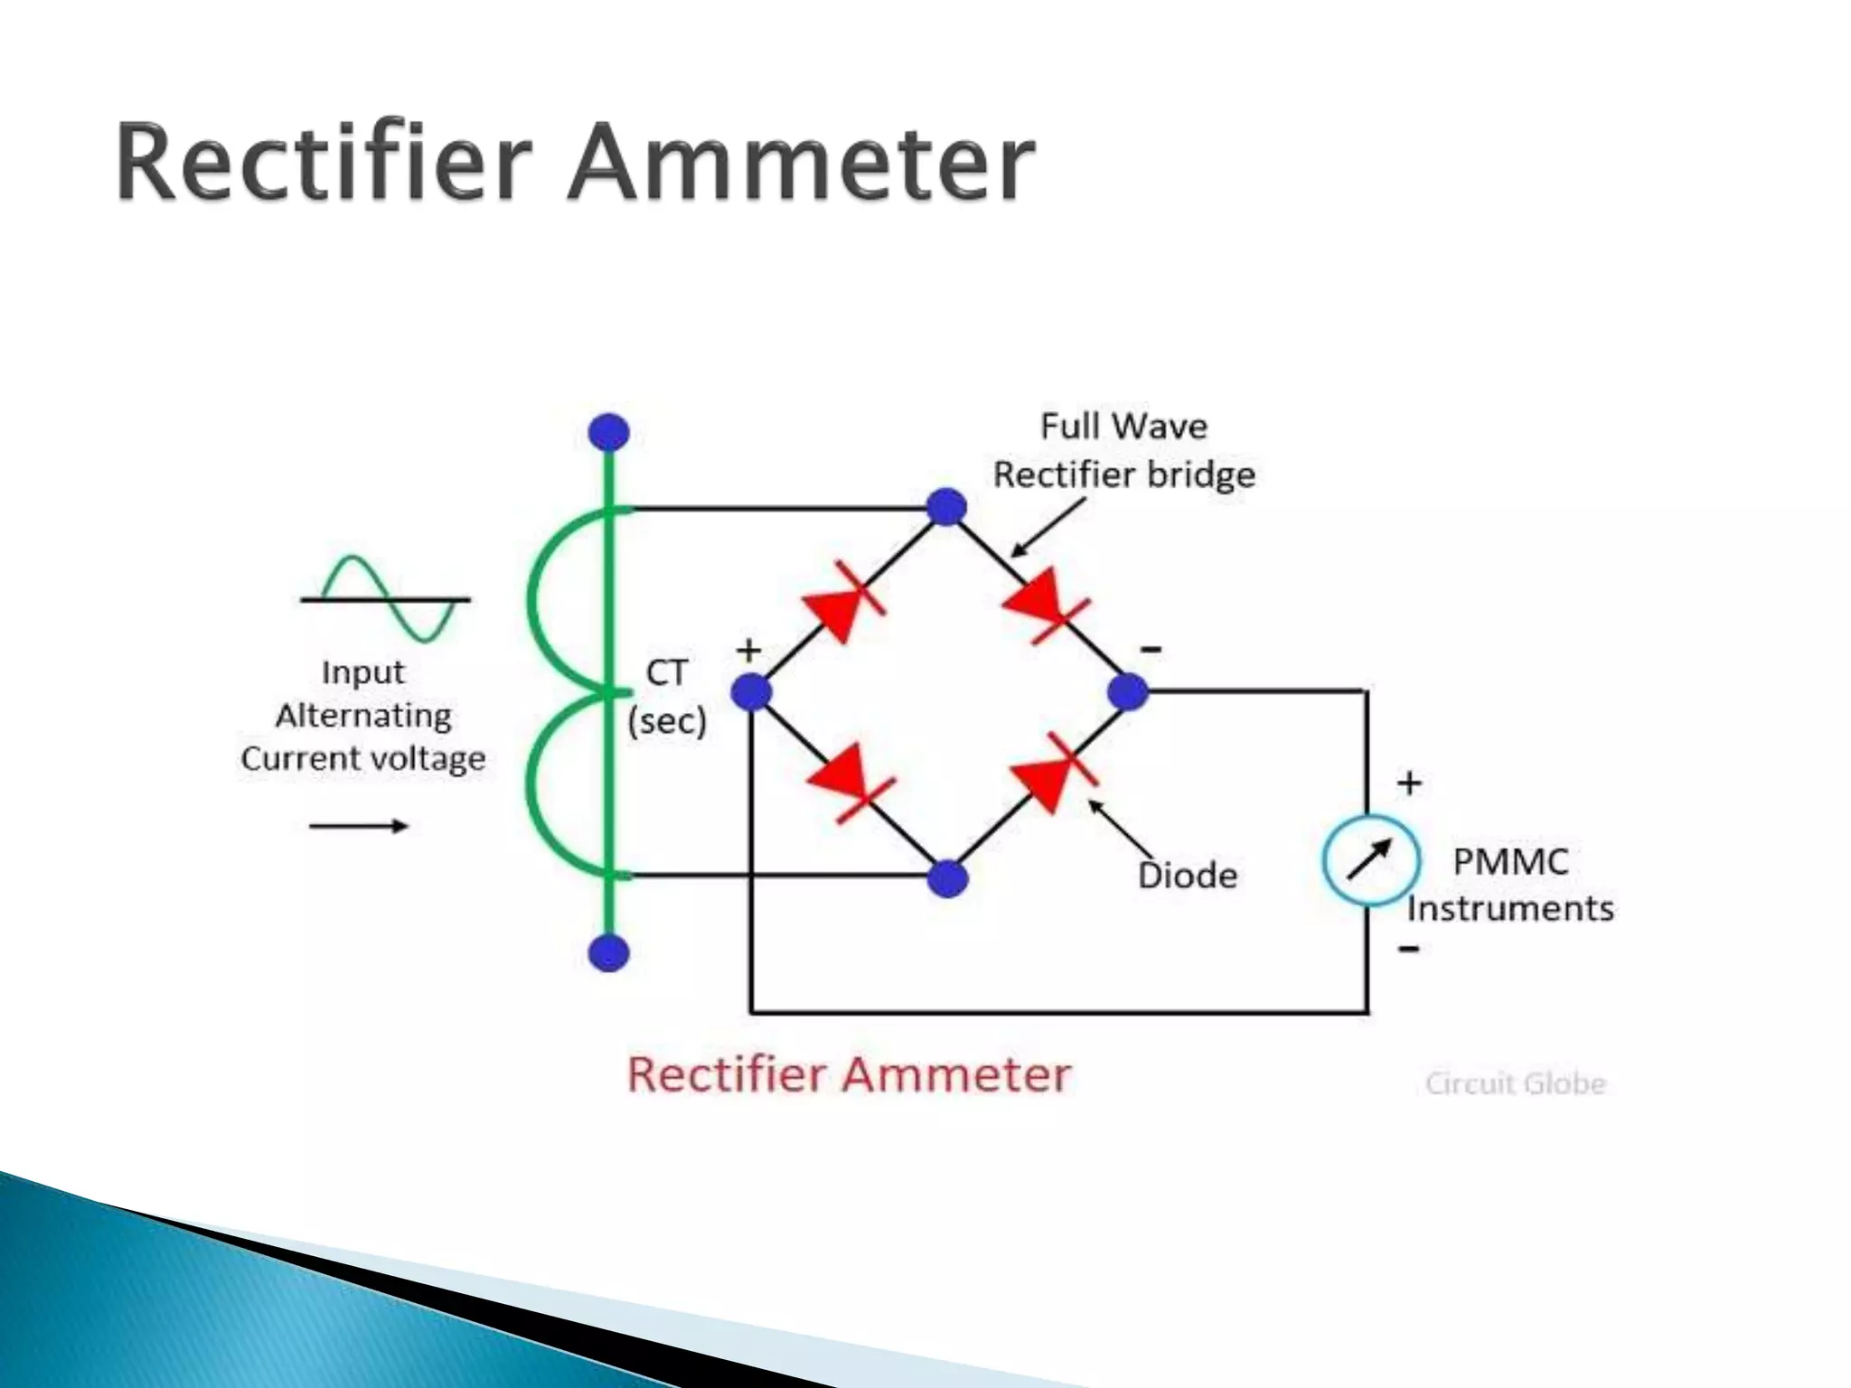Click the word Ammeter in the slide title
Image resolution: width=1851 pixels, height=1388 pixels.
[x=801, y=163]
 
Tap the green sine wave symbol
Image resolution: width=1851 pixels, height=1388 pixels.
[x=387, y=598]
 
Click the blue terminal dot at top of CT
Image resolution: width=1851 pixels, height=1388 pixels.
[x=608, y=432]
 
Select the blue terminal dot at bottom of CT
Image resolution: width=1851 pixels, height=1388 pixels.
[x=608, y=952]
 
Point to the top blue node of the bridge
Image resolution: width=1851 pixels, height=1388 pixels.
[x=946, y=507]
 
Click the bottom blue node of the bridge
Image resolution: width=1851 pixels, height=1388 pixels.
[x=947, y=877]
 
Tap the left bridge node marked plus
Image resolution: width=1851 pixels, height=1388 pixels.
[x=751, y=693]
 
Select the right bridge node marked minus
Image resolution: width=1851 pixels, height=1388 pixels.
[x=1127, y=692]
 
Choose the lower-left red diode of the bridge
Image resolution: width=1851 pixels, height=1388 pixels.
[x=847, y=783]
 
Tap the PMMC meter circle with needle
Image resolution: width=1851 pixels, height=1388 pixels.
[x=1370, y=860]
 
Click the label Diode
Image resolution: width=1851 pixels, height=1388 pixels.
[x=1187, y=875]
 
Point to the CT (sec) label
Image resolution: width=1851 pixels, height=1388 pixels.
[x=667, y=696]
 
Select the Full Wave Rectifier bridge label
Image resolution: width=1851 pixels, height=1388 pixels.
[x=1123, y=450]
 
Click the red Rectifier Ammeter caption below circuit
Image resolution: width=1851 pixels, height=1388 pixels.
[x=849, y=1075]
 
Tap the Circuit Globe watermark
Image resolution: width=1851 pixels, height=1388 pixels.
[x=1515, y=1083]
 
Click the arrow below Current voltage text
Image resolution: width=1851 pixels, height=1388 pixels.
[x=359, y=825]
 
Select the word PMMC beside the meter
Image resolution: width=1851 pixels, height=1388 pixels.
[x=1509, y=861]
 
